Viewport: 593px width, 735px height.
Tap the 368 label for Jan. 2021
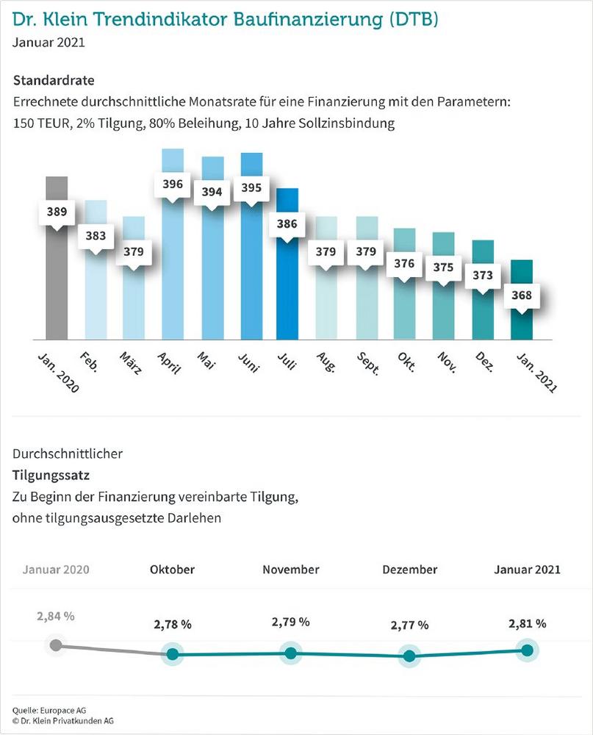pos(522,297)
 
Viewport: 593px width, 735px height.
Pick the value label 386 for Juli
pos(287,225)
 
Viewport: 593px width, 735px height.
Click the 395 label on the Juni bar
pos(251,187)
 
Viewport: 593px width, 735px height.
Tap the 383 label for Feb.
pos(96,236)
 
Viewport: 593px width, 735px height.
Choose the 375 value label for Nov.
pos(443,268)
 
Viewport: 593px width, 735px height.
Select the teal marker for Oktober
pos(173,654)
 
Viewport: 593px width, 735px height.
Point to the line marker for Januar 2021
pos(527,650)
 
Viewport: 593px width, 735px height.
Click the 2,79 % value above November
pos(290,622)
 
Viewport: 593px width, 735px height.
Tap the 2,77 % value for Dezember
pos(409,625)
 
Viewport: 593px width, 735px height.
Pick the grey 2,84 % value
pos(55,616)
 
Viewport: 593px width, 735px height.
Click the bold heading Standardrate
pos(54,79)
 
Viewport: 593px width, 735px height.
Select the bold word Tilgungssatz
pos(48,476)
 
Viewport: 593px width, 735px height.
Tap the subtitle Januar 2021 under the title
pos(48,41)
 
